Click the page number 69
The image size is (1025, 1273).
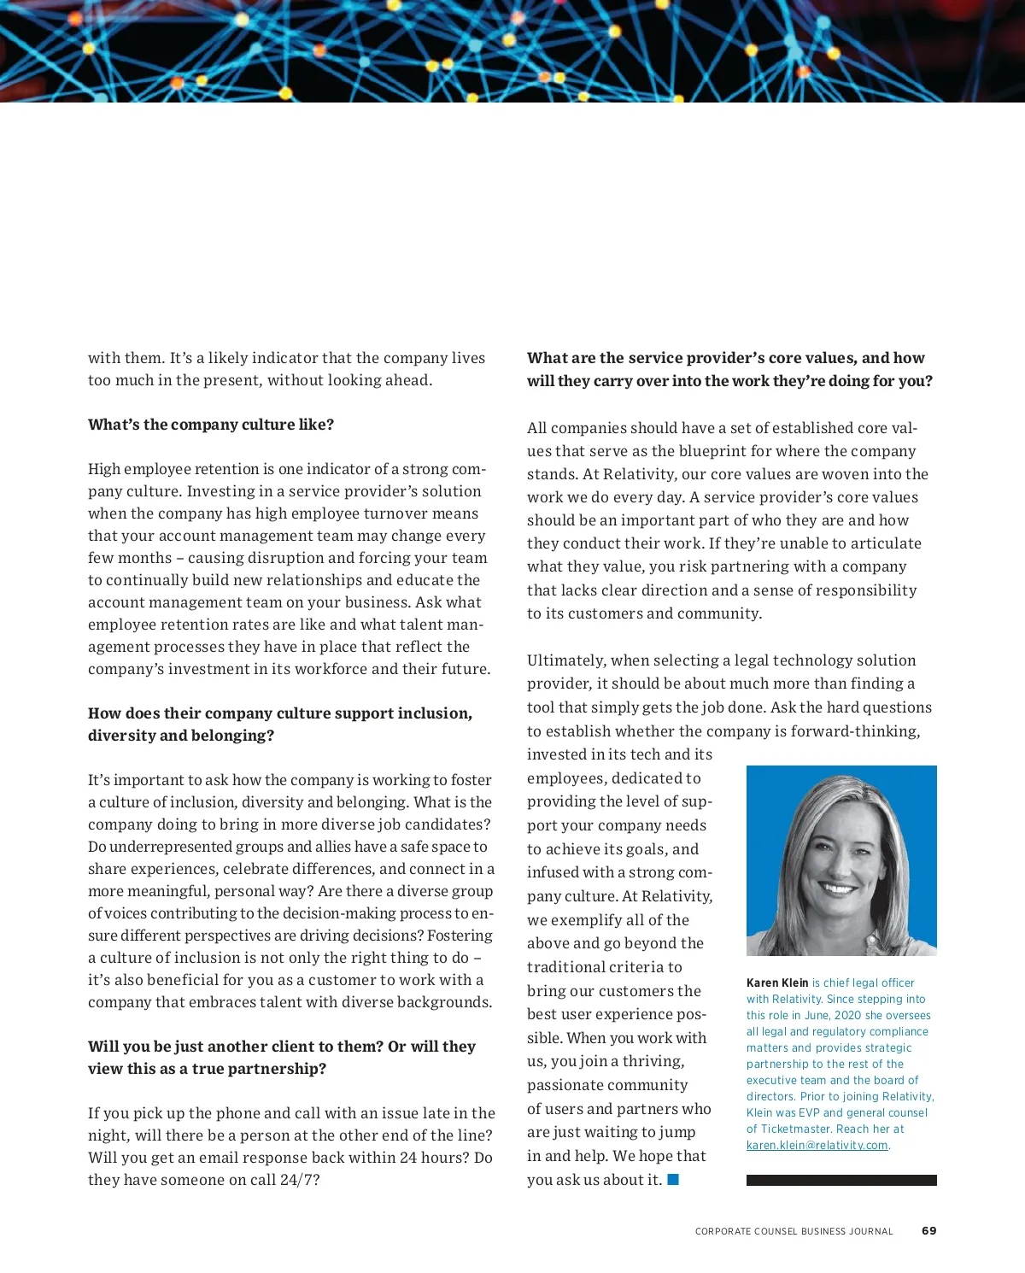pos(928,1230)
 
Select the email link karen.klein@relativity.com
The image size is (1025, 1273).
pos(817,1145)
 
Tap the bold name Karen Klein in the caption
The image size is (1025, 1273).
pos(777,983)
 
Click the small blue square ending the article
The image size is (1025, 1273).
pos(673,1179)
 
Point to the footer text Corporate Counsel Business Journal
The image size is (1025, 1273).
pos(794,1231)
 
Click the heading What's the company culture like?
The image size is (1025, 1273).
pos(210,425)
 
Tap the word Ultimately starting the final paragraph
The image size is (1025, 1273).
pos(563,660)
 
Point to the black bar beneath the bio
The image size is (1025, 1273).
pos(841,1180)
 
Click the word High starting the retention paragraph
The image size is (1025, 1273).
pos(103,469)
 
